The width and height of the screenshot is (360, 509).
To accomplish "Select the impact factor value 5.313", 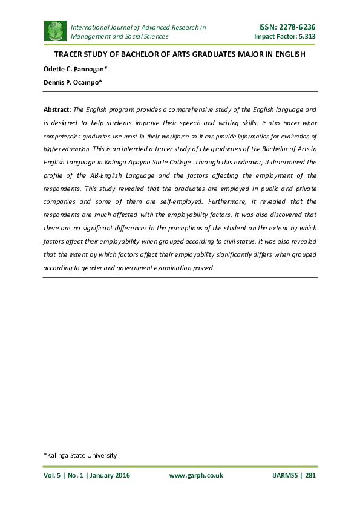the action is (304, 36).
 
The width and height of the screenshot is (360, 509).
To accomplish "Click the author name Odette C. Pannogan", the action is (74, 69).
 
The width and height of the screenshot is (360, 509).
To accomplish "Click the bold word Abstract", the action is (57, 109).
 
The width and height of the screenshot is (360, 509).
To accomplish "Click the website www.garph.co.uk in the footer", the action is (195, 475).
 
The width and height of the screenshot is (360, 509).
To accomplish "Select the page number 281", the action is (310, 475).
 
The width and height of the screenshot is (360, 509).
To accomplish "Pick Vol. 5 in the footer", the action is (53, 475).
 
